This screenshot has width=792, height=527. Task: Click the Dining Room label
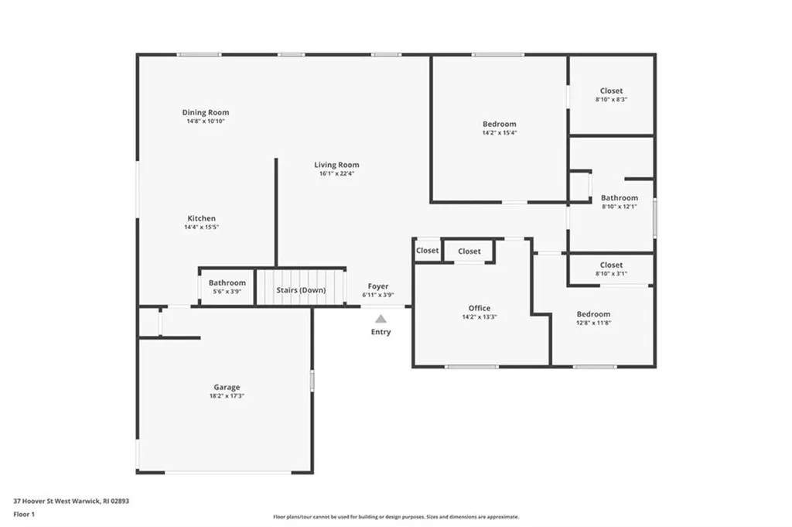point(206,112)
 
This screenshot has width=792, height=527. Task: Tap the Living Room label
point(336,165)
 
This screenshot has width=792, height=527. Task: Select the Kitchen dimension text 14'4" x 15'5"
point(201,228)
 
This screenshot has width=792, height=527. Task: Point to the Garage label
point(227,387)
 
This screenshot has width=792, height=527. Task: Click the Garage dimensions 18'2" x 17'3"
point(227,396)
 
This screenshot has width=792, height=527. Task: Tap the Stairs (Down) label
point(301,290)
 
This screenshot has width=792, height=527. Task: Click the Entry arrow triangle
point(380,319)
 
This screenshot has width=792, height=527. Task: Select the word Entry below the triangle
point(381,332)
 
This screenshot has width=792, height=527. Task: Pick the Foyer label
point(378,286)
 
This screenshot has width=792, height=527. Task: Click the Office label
point(480,308)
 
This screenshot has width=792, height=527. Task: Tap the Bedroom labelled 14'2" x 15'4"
point(499,124)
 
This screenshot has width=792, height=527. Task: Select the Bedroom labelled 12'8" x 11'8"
point(593,314)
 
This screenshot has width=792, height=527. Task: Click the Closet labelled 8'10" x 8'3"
point(611,91)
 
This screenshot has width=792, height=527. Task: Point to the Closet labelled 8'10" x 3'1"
point(611,265)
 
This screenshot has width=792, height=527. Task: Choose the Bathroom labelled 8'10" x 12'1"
point(620,198)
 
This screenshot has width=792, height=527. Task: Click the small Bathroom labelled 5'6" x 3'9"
point(227,283)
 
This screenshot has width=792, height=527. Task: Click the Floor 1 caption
point(24,514)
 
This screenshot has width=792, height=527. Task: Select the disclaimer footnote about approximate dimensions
point(395,517)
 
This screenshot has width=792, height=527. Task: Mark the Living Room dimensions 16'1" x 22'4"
point(336,174)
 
